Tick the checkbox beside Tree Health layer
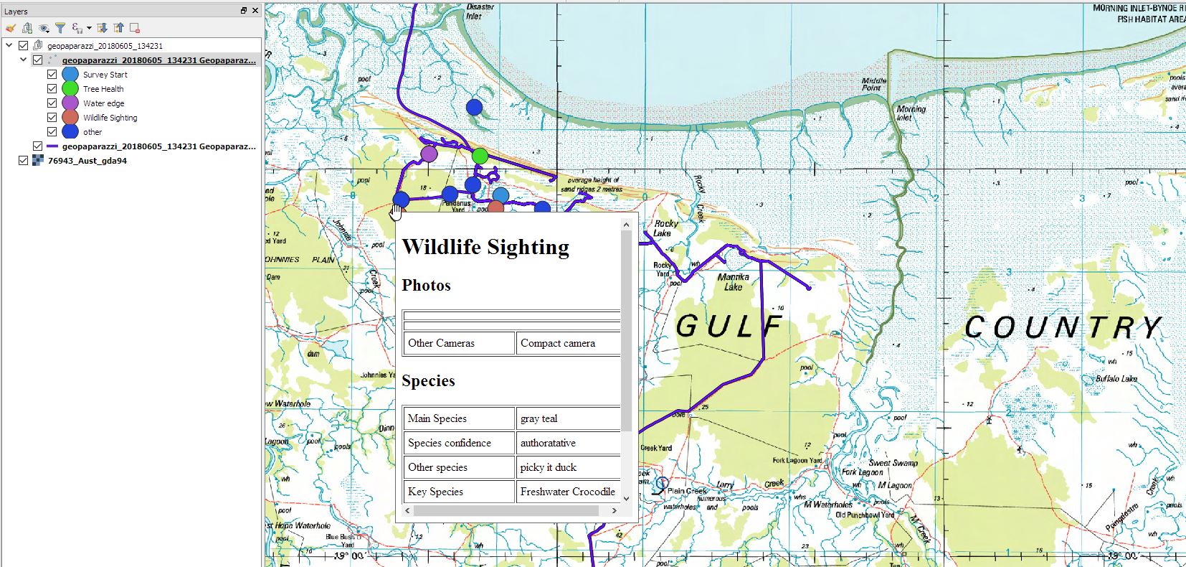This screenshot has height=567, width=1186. click(52, 89)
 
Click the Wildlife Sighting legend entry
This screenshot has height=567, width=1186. click(110, 118)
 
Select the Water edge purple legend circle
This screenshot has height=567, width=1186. click(70, 103)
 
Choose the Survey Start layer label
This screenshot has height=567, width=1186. click(105, 75)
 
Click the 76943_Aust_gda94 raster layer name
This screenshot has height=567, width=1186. click(87, 161)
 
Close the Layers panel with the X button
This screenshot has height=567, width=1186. click(255, 11)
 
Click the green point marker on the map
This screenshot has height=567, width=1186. click(480, 156)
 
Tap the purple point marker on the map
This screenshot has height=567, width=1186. click(429, 154)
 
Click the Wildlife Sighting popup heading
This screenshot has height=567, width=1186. click(485, 247)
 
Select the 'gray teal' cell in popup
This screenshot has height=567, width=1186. click(539, 418)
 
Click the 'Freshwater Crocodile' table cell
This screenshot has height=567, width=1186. click(567, 492)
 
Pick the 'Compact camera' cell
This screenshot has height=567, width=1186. click(558, 343)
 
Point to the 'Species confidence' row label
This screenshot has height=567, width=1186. click(450, 443)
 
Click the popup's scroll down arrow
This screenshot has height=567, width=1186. click(626, 498)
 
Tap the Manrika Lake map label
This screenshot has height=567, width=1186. click(733, 281)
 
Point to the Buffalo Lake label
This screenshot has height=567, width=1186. click(1116, 378)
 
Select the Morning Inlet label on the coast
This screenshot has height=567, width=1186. click(911, 113)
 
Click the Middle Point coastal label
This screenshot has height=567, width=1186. click(873, 84)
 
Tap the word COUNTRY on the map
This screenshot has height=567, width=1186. click(1062, 327)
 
